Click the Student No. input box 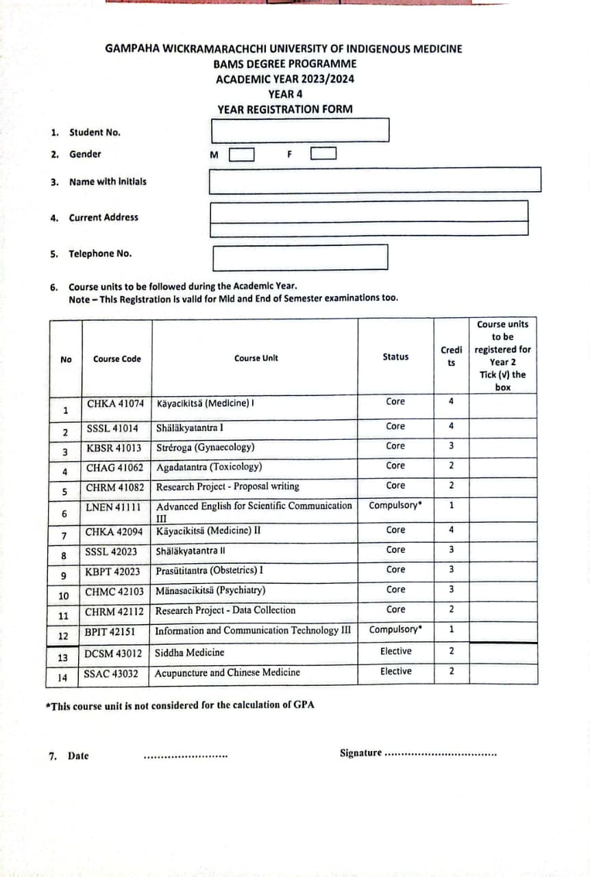pos(300,129)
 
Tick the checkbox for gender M pos(241,155)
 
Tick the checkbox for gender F pos(323,153)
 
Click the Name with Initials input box pos(375,180)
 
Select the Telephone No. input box pos(300,257)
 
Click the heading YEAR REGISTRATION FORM pos(285,109)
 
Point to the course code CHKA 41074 pos(115,403)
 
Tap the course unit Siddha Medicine pos(190,652)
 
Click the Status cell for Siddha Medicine pos(395,652)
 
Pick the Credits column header pos(451,356)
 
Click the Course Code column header pos(116,359)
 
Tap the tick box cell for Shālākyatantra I pos(502,428)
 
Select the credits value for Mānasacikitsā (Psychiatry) pos(451,589)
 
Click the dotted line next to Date pos(185,756)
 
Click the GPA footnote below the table pos(180,705)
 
